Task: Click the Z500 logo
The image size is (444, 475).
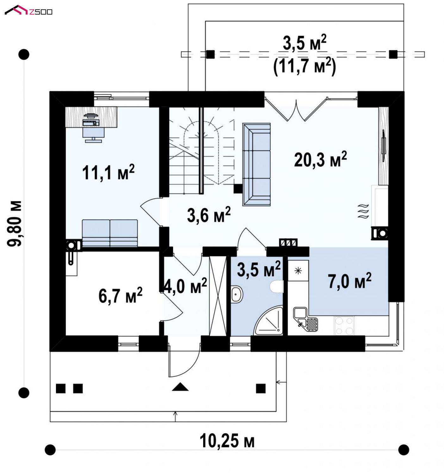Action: [x=28, y=10]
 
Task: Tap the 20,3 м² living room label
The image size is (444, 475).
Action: [x=320, y=159]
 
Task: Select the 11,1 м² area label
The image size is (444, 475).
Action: [x=108, y=172]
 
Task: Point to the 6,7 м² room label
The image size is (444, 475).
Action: [x=120, y=295]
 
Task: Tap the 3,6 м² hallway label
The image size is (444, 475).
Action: [x=209, y=215]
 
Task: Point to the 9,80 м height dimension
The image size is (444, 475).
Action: [x=14, y=223]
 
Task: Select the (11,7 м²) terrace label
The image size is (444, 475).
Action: [x=304, y=66]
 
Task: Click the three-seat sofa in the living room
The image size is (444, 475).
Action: [x=256, y=164]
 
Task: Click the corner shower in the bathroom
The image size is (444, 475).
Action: [x=268, y=320]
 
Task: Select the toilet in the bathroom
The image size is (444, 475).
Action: [x=277, y=286]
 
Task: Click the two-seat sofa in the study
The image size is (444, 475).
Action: [x=110, y=233]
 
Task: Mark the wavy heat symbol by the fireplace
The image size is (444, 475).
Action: [x=363, y=211]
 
